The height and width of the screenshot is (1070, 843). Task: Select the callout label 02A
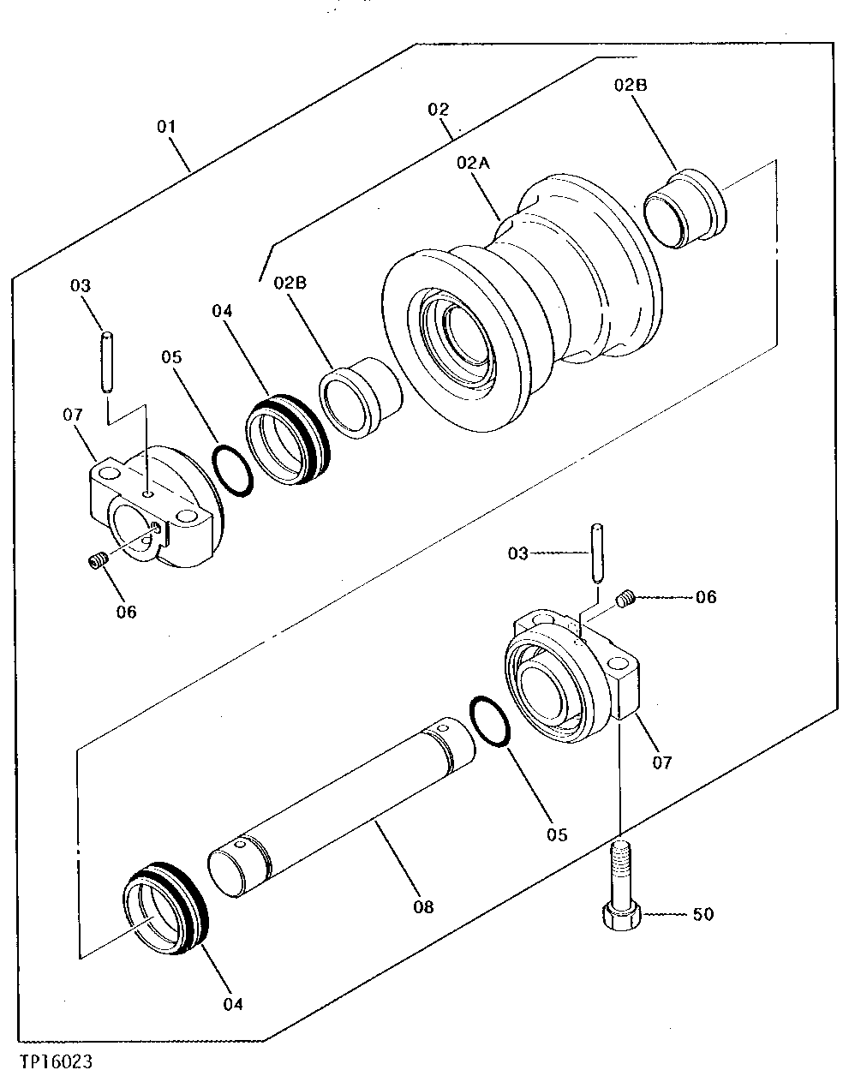point(473,163)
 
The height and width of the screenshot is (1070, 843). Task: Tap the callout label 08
point(422,906)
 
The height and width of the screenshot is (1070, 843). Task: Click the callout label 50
point(702,914)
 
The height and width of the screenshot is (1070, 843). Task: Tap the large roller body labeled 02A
point(523,291)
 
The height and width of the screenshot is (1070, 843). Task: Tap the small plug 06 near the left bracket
point(97,561)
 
